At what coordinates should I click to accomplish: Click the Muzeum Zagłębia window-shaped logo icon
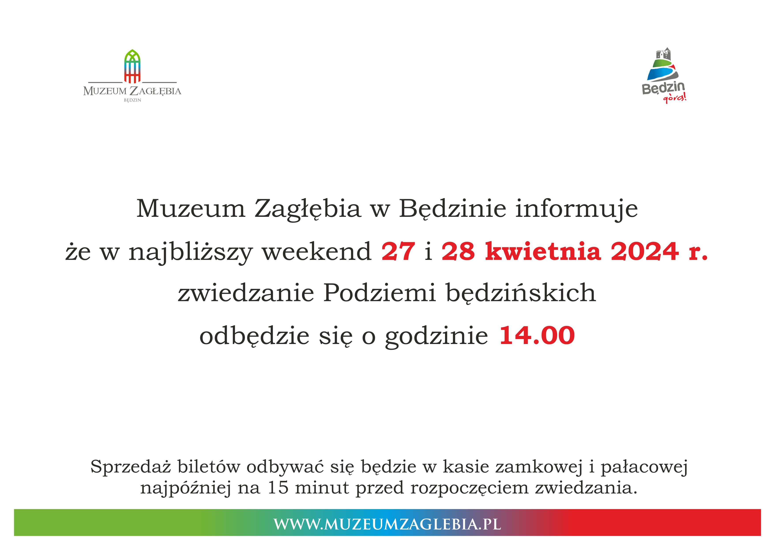coord(132,66)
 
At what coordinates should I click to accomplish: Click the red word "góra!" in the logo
coord(674,98)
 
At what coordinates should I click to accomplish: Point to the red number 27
coord(398,251)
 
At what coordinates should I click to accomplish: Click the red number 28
coord(458,251)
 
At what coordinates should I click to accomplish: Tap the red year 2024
coord(644,251)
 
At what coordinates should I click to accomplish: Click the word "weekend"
coord(317,251)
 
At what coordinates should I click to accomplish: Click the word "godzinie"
coord(437,337)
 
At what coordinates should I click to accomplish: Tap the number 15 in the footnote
coord(278,488)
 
